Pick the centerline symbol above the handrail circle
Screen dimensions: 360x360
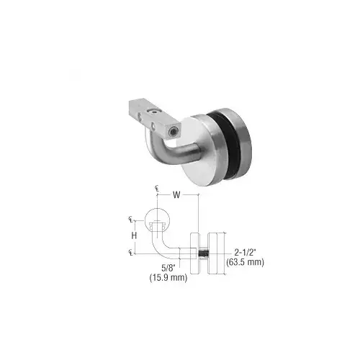156,189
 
